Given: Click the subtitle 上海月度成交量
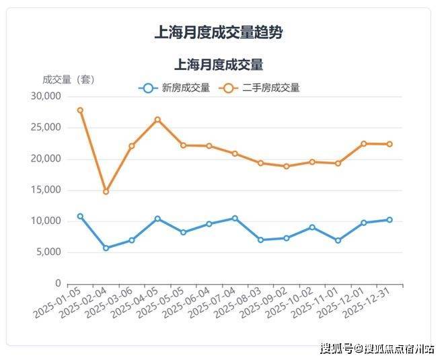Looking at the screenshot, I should [x=219, y=65].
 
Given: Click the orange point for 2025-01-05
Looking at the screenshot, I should [x=80, y=110].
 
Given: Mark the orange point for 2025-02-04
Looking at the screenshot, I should [x=106, y=192].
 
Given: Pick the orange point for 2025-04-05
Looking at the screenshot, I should [x=157, y=120].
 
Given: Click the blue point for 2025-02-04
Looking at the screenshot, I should [x=106, y=248].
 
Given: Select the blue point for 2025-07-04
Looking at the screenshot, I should [x=235, y=218].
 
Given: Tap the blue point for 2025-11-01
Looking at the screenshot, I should [x=338, y=240].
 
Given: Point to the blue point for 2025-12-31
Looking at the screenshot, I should [x=390, y=220].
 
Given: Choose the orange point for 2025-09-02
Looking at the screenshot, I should [x=287, y=166].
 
